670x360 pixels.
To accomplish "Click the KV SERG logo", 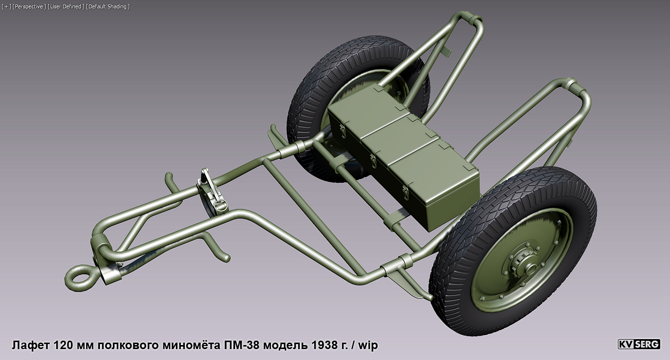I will [639, 344].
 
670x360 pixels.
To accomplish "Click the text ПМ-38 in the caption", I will [236, 345].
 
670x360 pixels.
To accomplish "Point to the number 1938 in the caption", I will [309, 345].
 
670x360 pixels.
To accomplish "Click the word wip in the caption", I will [368, 345].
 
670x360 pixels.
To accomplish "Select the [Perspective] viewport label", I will [29, 6].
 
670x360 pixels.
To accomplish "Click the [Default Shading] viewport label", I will [107, 6].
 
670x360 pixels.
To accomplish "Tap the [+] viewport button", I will [6, 6].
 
